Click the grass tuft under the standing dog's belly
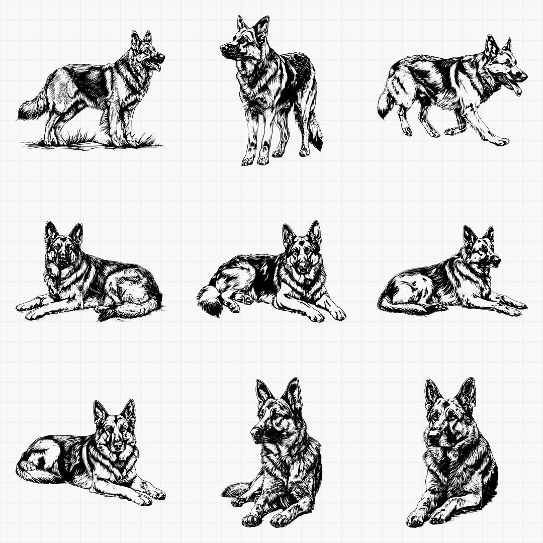pos(84,137)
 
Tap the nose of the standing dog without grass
pos(223,48)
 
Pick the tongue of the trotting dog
pos(516,89)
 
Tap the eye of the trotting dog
pos(505,65)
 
